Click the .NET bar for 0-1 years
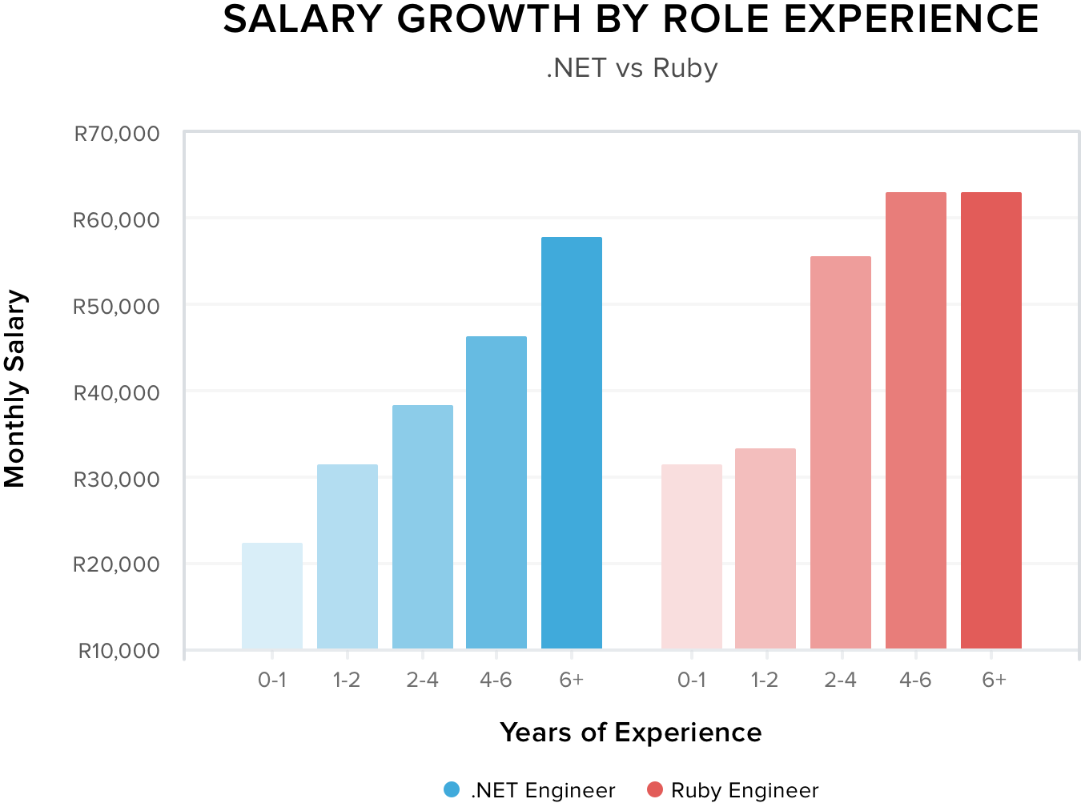[272, 596]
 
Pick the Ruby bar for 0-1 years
[692, 556]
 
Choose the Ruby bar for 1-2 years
[766, 548]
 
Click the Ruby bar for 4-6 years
[916, 420]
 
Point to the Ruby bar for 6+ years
[991, 420]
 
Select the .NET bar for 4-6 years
[496, 492]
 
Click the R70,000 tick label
[117, 134]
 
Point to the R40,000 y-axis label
[117, 393]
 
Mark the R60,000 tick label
[117, 220]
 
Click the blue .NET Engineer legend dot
[452, 790]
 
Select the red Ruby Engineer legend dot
[655, 790]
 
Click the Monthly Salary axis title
[15, 389]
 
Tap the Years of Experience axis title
[631, 733]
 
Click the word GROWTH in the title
[488, 19]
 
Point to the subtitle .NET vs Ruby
[632, 68]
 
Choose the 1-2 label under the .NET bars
[347, 681]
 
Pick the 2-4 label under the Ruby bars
[841, 681]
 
